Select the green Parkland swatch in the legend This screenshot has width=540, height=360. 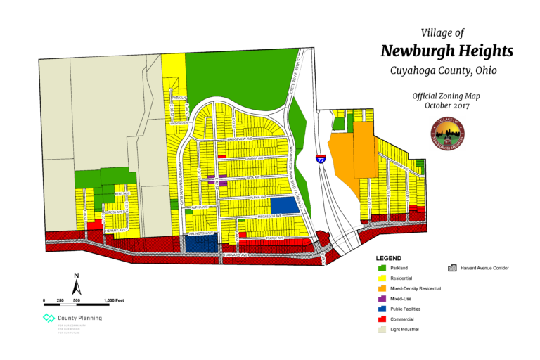382,268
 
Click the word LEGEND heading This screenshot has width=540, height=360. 389,258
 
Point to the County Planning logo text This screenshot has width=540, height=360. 79,318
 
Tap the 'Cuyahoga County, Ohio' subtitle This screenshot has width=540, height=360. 440,71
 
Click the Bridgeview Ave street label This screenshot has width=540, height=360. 239,139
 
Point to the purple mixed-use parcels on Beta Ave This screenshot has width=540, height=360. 218,180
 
